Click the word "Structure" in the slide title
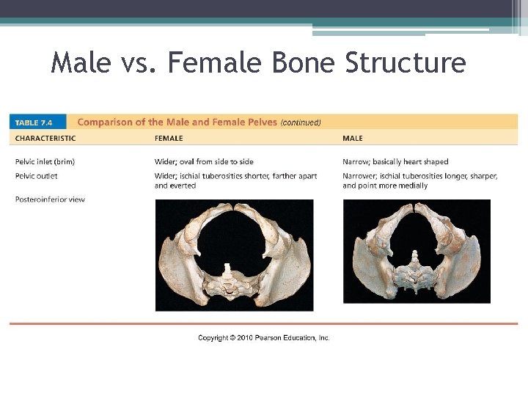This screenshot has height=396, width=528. click(x=406, y=63)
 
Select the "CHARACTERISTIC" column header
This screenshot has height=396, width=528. click(x=45, y=138)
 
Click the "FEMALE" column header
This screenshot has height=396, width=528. click(x=169, y=138)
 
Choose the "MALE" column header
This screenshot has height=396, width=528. click(x=353, y=138)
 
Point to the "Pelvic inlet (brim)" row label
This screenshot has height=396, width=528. click(x=45, y=161)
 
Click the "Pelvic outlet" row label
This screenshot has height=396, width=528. click(x=36, y=176)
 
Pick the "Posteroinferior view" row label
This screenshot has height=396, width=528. click(x=50, y=199)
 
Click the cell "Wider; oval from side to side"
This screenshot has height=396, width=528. click(x=204, y=161)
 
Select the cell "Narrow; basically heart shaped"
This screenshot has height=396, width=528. click(x=395, y=161)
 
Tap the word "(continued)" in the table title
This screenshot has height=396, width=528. click(x=301, y=122)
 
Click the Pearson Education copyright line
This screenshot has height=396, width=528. click(x=263, y=337)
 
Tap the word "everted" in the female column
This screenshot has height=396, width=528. click(x=185, y=186)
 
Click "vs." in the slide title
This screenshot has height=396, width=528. click(x=140, y=63)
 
